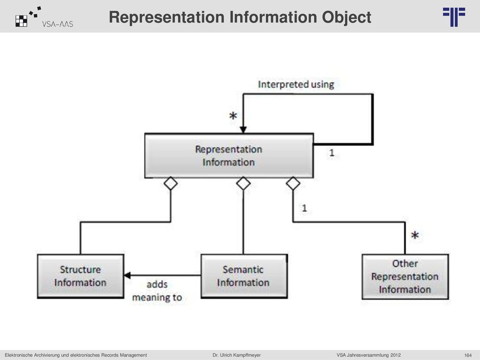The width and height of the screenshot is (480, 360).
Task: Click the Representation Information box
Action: click(229, 156)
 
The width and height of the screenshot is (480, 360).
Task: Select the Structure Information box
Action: click(81, 276)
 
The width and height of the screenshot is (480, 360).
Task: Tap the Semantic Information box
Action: click(244, 276)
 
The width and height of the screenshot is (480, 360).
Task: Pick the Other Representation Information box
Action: click(405, 277)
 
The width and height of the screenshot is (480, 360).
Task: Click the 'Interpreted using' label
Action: click(296, 84)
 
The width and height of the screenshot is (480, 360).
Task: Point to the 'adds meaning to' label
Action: click(157, 291)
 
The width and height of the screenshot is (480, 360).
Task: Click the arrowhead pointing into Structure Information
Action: click(127, 276)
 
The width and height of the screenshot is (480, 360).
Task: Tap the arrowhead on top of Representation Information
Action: click(243, 130)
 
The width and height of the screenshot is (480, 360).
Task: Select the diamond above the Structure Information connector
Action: click(171, 183)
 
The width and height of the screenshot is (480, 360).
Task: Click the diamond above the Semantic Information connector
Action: click(243, 183)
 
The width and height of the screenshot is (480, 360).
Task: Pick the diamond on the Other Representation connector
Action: click(293, 183)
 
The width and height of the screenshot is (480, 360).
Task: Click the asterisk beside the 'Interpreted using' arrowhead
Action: click(233, 116)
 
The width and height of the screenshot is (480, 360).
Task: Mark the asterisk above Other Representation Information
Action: click(415, 235)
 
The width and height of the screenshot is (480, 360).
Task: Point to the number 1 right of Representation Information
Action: click(331, 152)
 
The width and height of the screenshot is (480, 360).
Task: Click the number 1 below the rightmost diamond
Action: click(304, 208)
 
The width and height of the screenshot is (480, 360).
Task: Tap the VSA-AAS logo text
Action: click(58, 24)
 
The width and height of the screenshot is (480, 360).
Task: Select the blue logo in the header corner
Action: click(454, 17)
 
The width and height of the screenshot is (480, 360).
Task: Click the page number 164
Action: click(468, 355)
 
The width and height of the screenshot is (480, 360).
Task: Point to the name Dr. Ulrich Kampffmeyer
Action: click(237, 355)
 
